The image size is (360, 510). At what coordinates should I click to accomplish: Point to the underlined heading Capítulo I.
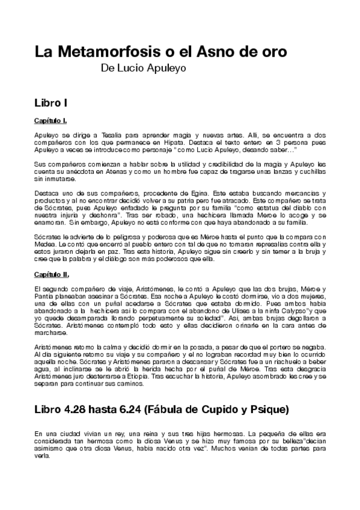click(x=50, y=121)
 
